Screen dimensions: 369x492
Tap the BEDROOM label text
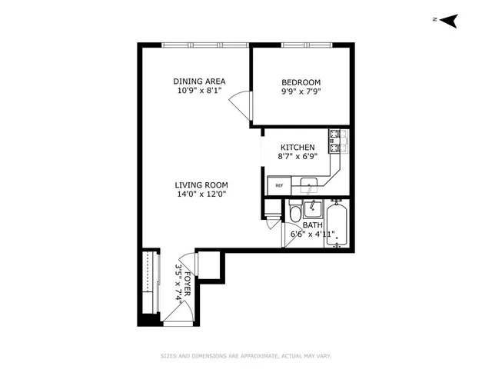301,82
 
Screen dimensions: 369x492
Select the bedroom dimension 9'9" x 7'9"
301,91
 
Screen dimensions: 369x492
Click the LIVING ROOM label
201,185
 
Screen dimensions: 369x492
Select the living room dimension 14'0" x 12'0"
201,194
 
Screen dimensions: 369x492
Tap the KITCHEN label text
297,147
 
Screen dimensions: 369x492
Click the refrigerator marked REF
278,185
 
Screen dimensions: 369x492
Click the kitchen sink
309,183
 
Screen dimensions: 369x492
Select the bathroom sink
312,208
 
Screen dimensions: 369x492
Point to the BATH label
312,225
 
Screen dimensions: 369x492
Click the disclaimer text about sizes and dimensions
245,355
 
